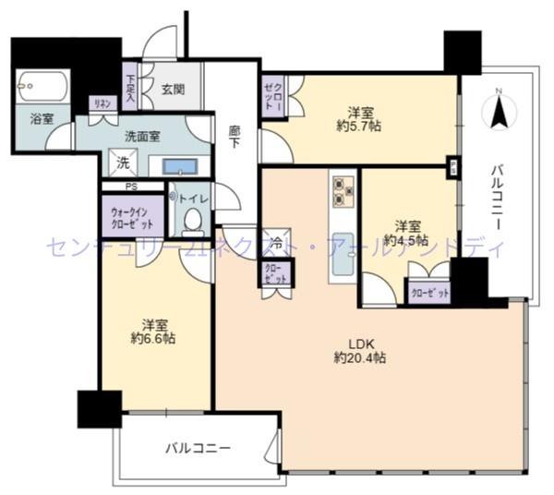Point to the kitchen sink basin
342,250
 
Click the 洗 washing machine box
122,163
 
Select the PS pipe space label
132,187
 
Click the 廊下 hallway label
236,137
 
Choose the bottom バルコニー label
198,448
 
